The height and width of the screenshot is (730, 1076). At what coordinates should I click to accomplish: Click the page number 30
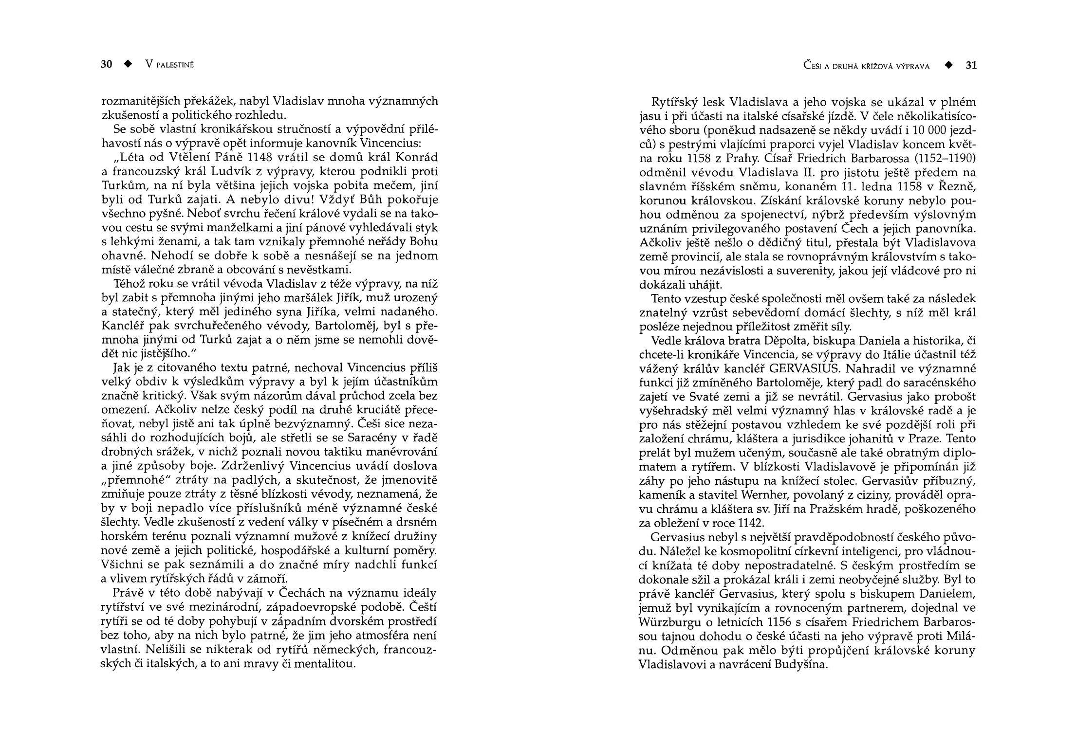click(107, 64)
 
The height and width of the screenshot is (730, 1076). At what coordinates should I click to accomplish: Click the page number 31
click(971, 65)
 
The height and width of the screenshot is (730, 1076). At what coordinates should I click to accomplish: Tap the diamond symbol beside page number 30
click(128, 64)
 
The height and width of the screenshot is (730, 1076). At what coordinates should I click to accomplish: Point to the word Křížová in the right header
click(874, 66)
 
